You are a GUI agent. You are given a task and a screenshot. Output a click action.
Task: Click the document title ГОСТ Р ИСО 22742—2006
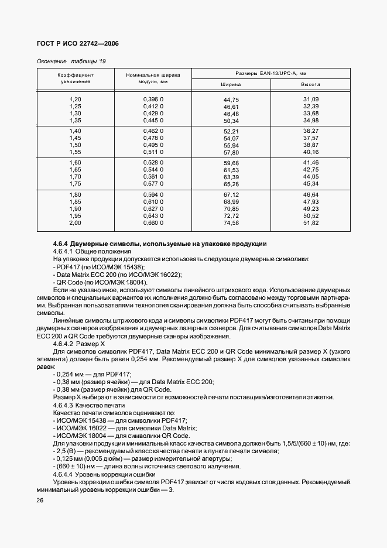[x=73, y=44]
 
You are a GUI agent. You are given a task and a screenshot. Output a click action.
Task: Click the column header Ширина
[x=231, y=84]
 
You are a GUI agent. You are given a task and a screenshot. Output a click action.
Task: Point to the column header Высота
[x=310, y=84]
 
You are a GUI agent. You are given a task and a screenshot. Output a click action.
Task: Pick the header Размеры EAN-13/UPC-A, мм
[x=271, y=73]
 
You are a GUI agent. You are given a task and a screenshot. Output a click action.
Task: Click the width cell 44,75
[x=231, y=100]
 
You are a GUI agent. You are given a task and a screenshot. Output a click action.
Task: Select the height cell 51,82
[x=310, y=223]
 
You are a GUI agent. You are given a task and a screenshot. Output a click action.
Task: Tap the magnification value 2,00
[x=75, y=223]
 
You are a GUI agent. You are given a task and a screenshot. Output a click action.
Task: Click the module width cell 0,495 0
[x=153, y=145]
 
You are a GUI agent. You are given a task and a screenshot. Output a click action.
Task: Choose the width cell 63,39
[x=231, y=177]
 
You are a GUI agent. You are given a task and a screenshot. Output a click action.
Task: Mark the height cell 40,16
[x=310, y=152]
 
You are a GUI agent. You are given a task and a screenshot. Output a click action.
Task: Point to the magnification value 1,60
[x=75, y=162]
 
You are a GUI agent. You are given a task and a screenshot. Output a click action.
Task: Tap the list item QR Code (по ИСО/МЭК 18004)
[x=101, y=282]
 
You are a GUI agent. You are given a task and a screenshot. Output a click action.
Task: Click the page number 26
[x=41, y=501]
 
